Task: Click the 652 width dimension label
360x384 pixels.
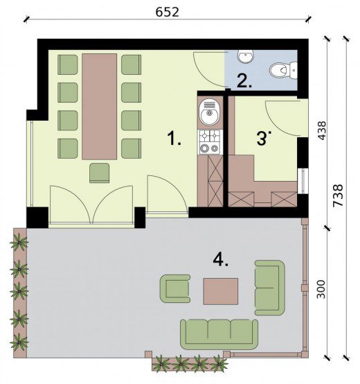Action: (x=168, y=12)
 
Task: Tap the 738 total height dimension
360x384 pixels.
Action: (x=338, y=195)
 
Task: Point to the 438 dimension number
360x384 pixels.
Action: (x=322, y=130)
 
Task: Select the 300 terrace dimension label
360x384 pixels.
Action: (x=321, y=289)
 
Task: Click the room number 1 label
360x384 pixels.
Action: (x=174, y=138)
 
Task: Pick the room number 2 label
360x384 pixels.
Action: (x=244, y=81)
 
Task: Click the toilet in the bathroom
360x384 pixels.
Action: (x=283, y=70)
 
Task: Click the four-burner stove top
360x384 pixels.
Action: (x=210, y=142)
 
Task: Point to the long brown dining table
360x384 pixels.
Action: (x=99, y=107)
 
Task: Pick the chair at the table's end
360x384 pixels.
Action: (x=99, y=173)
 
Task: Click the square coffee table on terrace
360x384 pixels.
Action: (x=221, y=291)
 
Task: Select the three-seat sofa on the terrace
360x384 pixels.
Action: (x=219, y=334)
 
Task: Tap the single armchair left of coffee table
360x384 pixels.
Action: (x=175, y=289)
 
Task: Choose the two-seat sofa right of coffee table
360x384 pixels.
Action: (x=270, y=288)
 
